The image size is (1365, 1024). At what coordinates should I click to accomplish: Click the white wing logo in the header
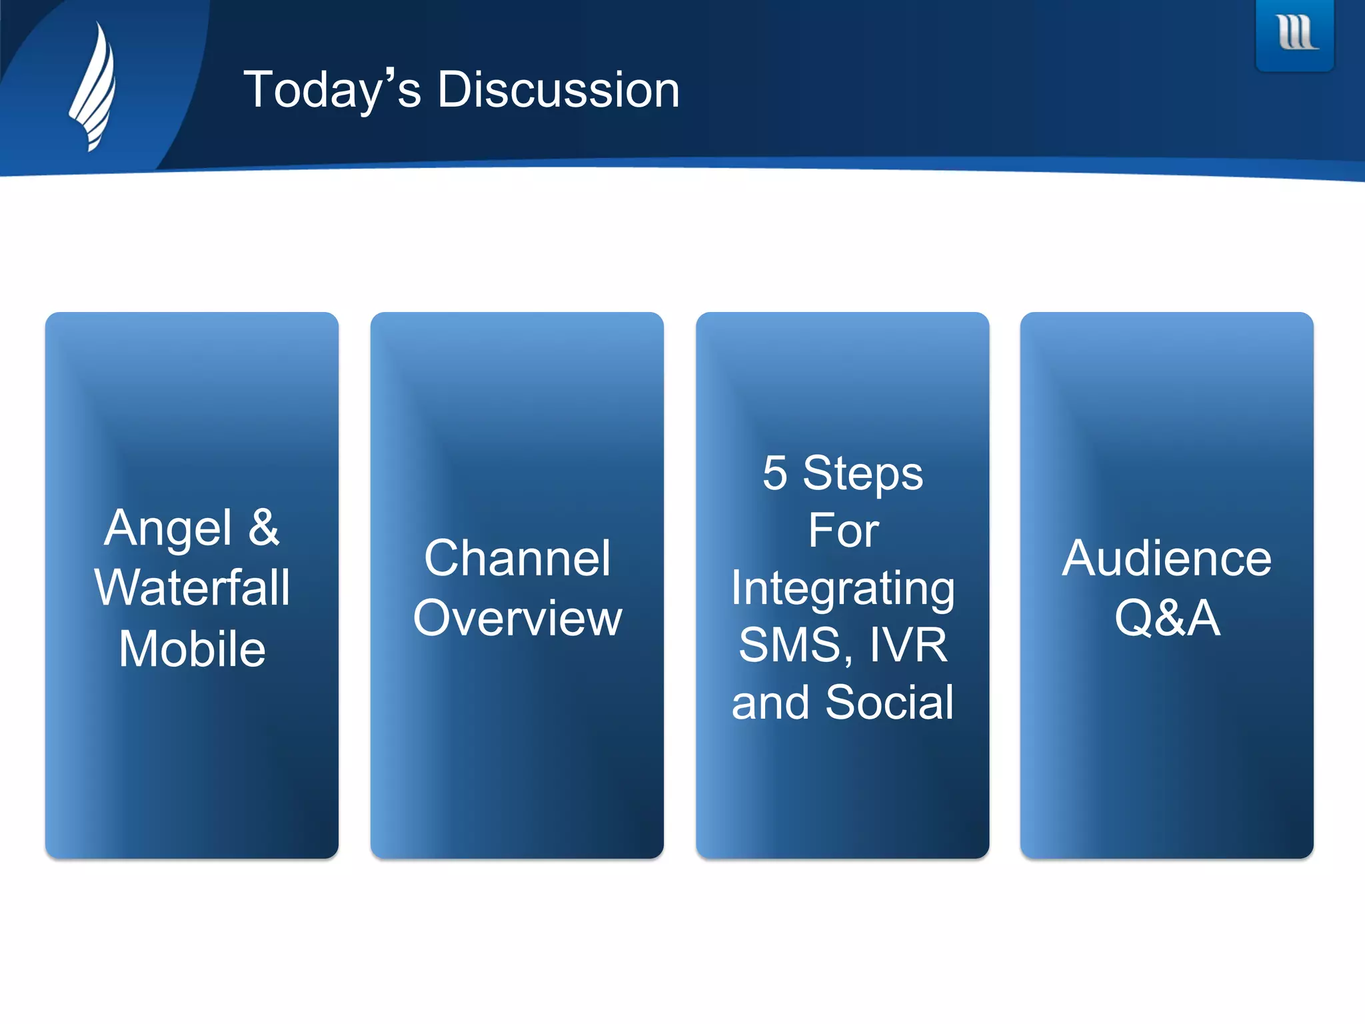[x=93, y=87]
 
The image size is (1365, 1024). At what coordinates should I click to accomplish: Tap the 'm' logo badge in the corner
[x=1295, y=33]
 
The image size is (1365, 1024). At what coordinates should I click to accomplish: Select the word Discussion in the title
[x=558, y=90]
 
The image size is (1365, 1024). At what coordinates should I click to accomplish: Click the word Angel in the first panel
[x=168, y=528]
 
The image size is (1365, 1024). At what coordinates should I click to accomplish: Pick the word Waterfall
[x=192, y=588]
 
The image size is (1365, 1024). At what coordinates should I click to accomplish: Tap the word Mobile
[x=192, y=649]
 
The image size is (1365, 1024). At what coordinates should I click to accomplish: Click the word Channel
[x=517, y=558]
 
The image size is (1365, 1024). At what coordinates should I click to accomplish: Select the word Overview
[x=517, y=618]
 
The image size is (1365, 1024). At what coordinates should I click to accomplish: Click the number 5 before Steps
[x=774, y=473]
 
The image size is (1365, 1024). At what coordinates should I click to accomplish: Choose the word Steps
[x=862, y=473]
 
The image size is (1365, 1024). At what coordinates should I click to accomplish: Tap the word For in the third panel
[x=843, y=531]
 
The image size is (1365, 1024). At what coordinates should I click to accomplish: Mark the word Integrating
[x=843, y=589]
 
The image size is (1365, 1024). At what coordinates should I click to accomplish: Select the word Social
[x=889, y=703]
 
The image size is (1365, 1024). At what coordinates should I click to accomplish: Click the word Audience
[x=1167, y=558]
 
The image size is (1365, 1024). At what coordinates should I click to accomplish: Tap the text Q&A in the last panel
[x=1167, y=618]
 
